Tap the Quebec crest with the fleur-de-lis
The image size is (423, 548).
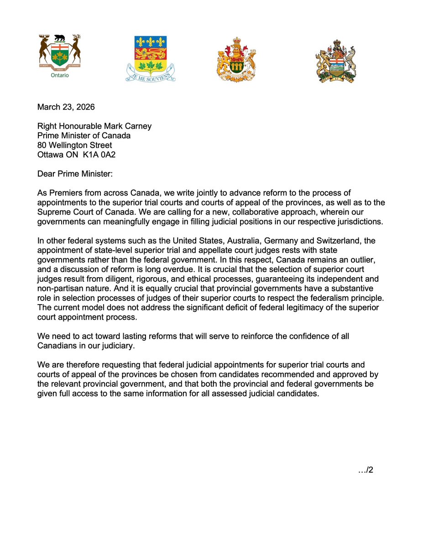[x=151, y=53]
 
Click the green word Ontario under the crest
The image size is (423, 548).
[x=60, y=75]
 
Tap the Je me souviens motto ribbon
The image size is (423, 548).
[x=151, y=74]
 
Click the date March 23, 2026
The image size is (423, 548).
[x=66, y=108]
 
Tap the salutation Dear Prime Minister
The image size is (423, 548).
[x=74, y=174]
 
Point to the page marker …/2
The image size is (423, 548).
[x=366, y=470]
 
